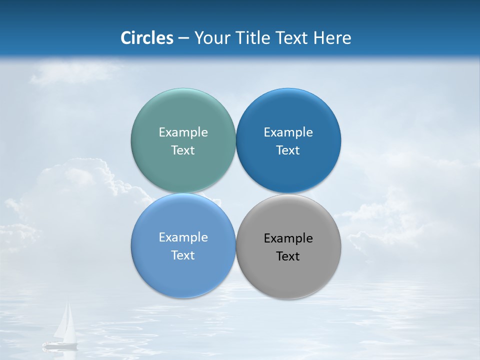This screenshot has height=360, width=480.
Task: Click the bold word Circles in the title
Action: coord(146,38)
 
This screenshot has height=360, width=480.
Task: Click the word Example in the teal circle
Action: coord(183,132)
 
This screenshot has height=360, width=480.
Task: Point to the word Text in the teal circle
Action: coord(183,150)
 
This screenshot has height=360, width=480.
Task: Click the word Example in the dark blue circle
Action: coord(288,132)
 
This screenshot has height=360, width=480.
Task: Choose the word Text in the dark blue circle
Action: coord(288,150)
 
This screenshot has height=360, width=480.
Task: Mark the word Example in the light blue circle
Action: coord(183,237)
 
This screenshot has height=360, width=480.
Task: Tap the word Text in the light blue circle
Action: coord(183,255)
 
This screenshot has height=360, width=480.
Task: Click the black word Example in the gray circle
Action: coord(288,238)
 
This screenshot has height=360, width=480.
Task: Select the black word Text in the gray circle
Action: coord(288,256)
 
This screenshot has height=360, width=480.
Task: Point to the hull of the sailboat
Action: coord(60,344)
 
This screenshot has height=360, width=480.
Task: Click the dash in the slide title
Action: coord(183,38)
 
